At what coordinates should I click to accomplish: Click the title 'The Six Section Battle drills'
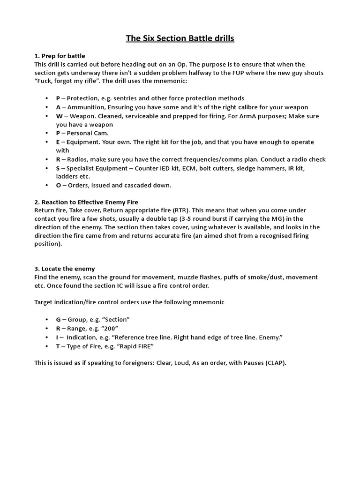click(180, 38)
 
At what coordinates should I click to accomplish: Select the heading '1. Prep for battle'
click(60, 56)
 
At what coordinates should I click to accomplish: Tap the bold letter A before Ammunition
click(58, 107)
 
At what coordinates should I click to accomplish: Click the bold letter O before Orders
click(58, 185)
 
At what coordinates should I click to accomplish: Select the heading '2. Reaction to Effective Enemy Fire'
click(86, 202)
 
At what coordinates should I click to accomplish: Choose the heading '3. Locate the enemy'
click(65, 269)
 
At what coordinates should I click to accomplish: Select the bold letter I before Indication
click(58, 337)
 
